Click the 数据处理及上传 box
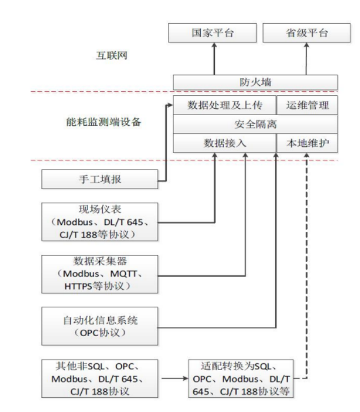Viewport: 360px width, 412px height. point(225,105)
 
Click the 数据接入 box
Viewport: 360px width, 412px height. point(225,143)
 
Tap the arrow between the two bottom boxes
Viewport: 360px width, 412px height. point(175,375)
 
